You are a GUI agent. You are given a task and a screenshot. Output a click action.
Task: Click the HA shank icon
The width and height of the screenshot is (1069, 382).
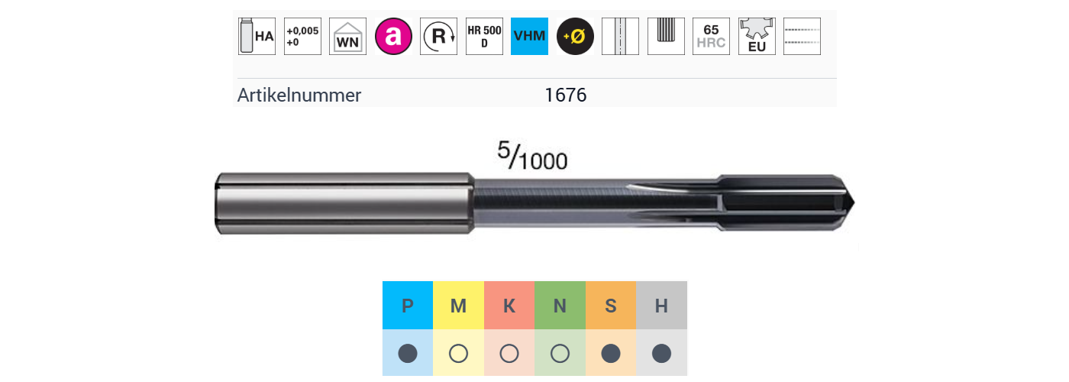[257, 36]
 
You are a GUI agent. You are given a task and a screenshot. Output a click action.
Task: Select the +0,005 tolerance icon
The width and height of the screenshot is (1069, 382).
[302, 36]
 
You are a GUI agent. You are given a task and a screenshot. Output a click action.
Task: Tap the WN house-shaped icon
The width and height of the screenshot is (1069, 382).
[347, 37]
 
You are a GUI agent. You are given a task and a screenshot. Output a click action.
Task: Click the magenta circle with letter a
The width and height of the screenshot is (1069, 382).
[393, 36]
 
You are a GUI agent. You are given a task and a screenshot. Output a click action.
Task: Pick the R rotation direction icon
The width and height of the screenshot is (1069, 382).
[438, 36]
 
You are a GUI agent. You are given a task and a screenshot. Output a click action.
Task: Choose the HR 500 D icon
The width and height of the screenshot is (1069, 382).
[484, 36]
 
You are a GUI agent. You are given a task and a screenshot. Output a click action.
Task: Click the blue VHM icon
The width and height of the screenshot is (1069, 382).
[529, 36]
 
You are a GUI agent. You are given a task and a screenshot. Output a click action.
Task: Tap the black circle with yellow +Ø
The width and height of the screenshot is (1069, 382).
[575, 36]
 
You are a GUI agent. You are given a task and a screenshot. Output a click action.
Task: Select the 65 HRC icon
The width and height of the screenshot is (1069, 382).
[711, 36]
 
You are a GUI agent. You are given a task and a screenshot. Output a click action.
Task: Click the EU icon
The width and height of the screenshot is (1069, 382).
[757, 37]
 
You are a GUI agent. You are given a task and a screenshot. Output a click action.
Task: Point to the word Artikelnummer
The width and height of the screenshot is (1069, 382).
[299, 95]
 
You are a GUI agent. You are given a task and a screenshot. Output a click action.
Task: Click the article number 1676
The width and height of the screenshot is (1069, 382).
[566, 95]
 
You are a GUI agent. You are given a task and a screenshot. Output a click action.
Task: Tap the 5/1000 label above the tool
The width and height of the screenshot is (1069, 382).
[532, 156]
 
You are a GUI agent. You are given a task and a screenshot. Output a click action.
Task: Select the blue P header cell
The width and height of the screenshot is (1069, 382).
[408, 306]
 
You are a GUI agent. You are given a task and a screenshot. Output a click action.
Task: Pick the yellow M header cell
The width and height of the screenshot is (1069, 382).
[458, 306]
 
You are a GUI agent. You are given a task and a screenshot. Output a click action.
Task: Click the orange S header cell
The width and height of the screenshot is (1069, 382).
[611, 306]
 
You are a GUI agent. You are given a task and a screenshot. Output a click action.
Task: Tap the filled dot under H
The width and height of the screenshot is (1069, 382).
[661, 353]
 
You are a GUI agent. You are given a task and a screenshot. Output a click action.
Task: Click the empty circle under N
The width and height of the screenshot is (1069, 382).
[560, 353]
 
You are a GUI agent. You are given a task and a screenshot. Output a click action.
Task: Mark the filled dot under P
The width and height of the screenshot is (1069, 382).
[408, 353]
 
